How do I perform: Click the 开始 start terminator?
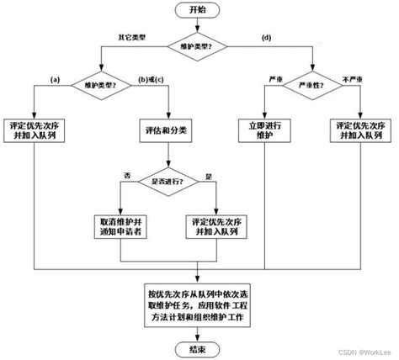[199, 10]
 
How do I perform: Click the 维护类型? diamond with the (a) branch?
[99, 86]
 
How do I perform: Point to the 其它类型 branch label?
[133, 37]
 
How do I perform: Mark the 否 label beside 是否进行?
[128, 173]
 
